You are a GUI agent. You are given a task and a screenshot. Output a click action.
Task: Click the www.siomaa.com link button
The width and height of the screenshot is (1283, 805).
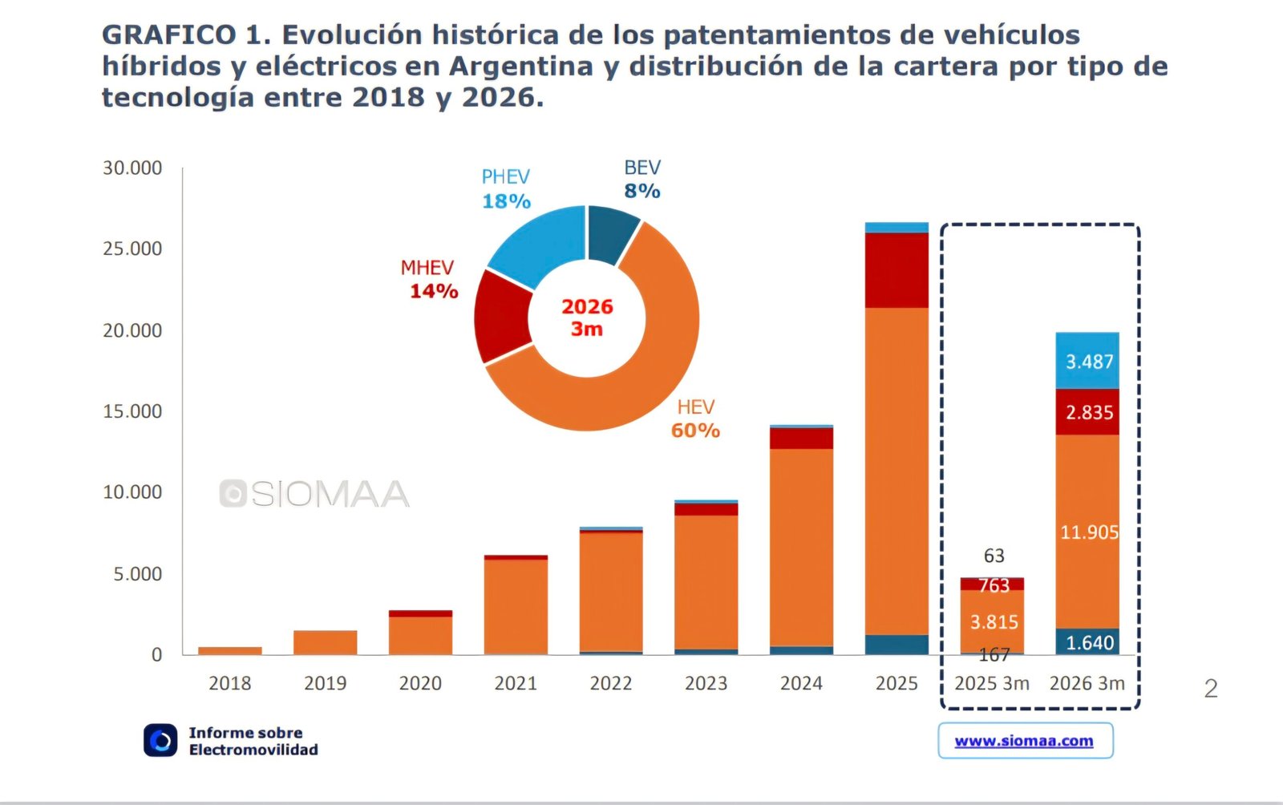(1025, 741)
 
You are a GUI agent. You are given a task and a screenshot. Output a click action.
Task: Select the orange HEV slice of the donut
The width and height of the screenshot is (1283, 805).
(633, 385)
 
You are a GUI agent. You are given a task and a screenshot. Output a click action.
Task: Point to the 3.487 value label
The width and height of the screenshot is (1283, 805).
(1089, 362)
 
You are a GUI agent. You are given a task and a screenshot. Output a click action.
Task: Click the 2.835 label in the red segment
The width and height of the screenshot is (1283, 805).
(1089, 413)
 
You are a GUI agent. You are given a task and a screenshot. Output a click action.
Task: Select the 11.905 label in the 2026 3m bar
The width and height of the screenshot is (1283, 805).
(1088, 532)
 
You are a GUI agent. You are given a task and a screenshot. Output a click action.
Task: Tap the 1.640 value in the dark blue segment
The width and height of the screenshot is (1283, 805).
(1089, 643)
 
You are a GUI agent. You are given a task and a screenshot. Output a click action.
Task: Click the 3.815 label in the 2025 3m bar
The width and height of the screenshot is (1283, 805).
(994, 622)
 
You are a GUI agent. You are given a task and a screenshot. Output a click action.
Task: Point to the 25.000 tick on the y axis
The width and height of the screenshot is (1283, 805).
(132, 249)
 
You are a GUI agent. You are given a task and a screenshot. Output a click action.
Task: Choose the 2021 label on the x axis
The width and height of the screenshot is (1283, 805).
(516, 683)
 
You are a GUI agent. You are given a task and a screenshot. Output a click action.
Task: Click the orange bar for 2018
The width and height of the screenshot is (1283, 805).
(230, 650)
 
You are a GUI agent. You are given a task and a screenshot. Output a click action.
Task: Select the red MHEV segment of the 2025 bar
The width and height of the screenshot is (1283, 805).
(896, 270)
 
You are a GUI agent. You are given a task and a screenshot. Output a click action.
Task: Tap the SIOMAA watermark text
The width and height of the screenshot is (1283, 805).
(329, 494)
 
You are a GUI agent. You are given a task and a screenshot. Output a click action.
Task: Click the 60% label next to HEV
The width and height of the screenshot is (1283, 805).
(695, 431)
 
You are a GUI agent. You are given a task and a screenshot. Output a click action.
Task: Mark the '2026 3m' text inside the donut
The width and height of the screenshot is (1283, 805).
(587, 318)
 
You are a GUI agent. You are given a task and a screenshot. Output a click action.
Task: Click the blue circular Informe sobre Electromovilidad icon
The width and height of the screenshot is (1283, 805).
(160, 740)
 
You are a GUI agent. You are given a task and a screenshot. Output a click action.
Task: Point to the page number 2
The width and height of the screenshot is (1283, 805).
(1211, 688)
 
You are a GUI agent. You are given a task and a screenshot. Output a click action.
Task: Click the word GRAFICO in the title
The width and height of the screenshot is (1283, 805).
(168, 35)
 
